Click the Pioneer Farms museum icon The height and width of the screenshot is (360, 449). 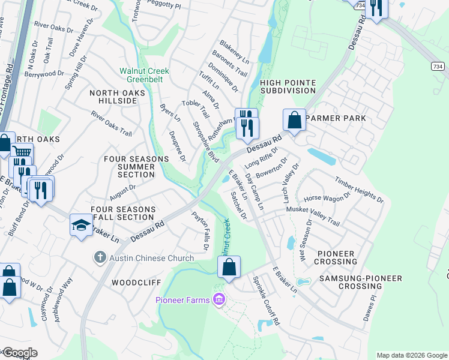tap(219, 299)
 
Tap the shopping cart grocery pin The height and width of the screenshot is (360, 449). tap(22, 153)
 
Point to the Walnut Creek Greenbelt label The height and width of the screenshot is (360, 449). tap(144, 76)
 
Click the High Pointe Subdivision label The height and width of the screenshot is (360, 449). tap(288, 86)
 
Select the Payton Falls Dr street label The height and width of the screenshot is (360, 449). tap(200, 231)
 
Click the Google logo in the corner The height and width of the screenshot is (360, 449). tap(19, 353)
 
